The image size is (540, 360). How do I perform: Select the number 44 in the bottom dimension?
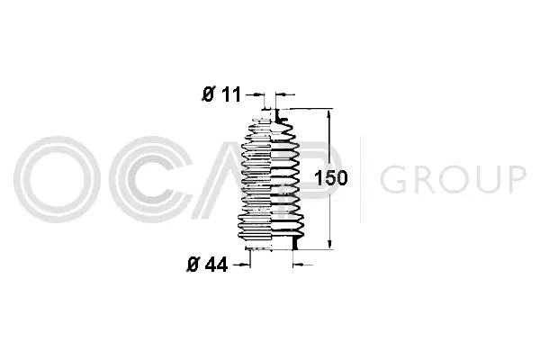tap(217, 265)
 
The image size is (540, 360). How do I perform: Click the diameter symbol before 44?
tap(191, 265)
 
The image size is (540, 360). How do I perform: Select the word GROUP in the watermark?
tap(453, 180)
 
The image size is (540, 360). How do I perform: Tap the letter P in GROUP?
tap(515, 180)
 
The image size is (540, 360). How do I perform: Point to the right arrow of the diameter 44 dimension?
tap(301, 265)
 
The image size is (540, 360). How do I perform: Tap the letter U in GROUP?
tap(485, 180)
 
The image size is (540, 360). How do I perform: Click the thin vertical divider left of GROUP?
tap(361, 180)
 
